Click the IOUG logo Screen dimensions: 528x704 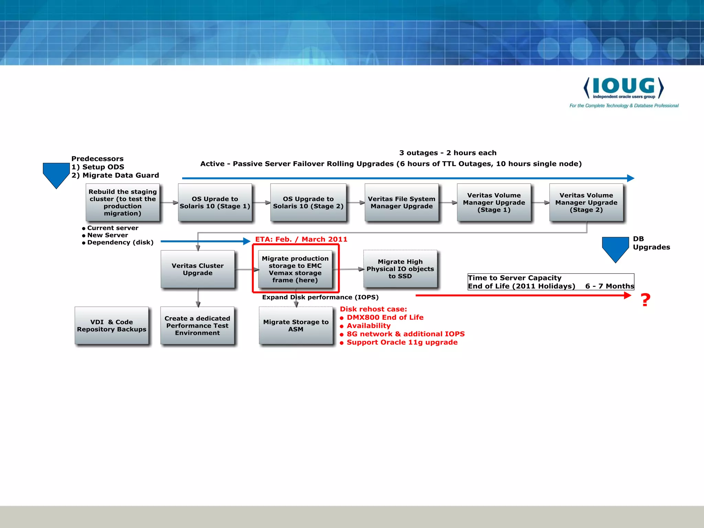(624, 88)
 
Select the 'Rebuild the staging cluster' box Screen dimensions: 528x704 (123, 202)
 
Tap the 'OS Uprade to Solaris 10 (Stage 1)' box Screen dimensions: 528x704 (215, 202)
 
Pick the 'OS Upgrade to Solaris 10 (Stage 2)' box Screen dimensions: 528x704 (308, 202)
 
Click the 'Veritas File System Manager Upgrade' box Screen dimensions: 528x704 (401, 202)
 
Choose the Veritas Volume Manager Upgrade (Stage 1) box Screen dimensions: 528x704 (494, 202)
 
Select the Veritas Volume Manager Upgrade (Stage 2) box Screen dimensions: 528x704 (586, 202)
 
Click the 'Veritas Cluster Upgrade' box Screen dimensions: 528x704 (198, 269)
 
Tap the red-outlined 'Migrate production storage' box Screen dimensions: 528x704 (295, 269)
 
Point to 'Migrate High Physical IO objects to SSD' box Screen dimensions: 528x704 (400, 269)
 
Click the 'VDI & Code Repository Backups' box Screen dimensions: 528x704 (112, 326)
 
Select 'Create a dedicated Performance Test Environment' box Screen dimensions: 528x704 (197, 326)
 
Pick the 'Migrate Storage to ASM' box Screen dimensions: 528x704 (296, 326)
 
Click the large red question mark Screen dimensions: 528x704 (646, 300)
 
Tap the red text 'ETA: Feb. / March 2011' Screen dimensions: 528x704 (301, 239)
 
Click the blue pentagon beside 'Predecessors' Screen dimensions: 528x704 (56, 174)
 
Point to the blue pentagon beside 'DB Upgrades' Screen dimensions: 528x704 (615, 248)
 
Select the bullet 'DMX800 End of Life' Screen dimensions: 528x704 (385, 317)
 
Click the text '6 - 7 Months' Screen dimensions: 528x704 (609, 286)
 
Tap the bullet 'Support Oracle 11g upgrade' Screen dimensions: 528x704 (402, 342)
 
